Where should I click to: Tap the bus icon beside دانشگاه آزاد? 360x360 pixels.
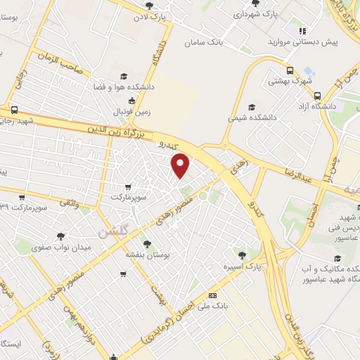pos(317,96)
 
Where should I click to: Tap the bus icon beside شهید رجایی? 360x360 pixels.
pos(15,110)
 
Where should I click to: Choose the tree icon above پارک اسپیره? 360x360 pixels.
pos(243,255)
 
